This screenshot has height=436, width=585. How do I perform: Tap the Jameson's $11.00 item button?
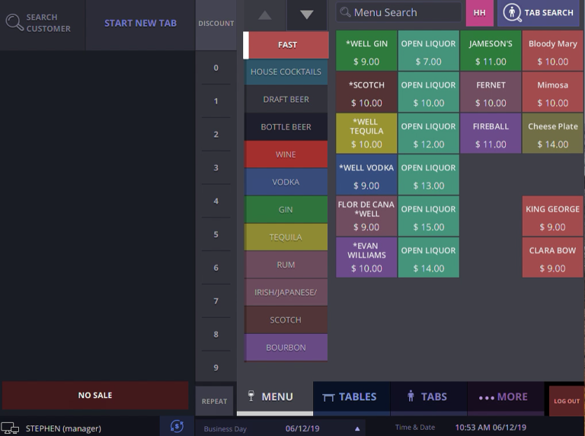(491, 51)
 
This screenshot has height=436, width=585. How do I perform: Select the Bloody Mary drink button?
(552, 51)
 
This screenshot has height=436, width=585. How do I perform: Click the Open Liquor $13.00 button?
(428, 175)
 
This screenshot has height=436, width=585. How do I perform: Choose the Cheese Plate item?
(552, 134)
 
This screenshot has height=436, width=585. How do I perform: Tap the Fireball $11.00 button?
(491, 134)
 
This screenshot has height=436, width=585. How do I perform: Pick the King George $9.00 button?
(552, 216)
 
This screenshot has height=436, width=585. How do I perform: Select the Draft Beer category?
(286, 100)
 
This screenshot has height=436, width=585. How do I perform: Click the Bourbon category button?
(286, 348)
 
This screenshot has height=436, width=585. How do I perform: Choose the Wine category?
(286, 154)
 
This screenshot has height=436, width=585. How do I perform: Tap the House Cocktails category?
(286, 72)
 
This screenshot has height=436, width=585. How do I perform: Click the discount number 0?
(216, 68)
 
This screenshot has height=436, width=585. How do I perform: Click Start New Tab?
(140, 24)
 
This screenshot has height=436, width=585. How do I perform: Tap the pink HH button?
(479, 13)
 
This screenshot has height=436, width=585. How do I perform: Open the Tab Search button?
(539, 13)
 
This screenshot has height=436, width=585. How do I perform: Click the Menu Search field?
(399, 13)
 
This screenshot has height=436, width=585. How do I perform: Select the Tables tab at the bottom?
(350, 397)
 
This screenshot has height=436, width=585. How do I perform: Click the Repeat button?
(215, 401)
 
